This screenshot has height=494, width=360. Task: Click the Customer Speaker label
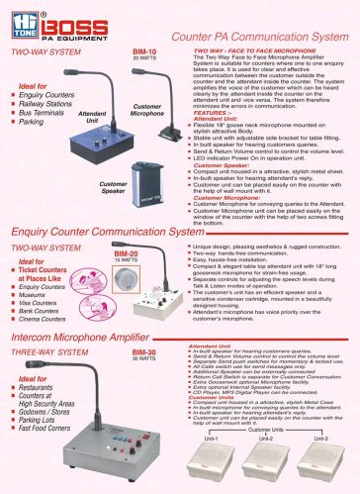point(114,187)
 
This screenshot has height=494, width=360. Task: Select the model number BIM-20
point(126,252)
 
